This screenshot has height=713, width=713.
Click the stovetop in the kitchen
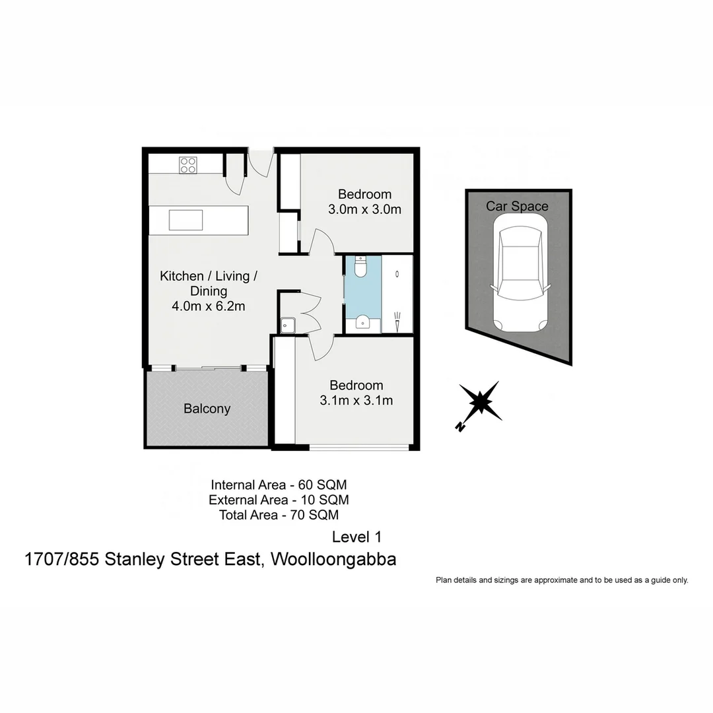[x=187, y=164]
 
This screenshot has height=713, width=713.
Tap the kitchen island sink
[x=186, y=219]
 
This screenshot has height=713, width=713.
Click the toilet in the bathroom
[x=360, y=266]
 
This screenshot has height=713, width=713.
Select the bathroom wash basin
[x=362, y=322]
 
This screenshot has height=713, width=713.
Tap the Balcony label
[x=207, y=409]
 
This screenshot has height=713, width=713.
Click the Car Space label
[x=517, y=206]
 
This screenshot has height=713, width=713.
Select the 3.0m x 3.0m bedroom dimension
[x=364, y=210]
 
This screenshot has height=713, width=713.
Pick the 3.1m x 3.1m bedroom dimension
[x=356, y=400]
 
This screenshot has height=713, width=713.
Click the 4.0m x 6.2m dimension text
[x=209, y=306]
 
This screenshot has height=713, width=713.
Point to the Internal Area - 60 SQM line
[x=279, y=485]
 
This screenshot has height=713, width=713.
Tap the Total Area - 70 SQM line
[x=279, y=515]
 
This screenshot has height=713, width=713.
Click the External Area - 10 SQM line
[x=279, y=500]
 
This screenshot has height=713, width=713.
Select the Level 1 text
[x=356, y=537]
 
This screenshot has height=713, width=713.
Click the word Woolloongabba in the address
[x=333, y=560]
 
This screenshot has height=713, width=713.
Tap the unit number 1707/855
[x=62, y=560]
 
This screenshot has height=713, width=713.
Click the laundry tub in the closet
[x=288, y=325]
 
